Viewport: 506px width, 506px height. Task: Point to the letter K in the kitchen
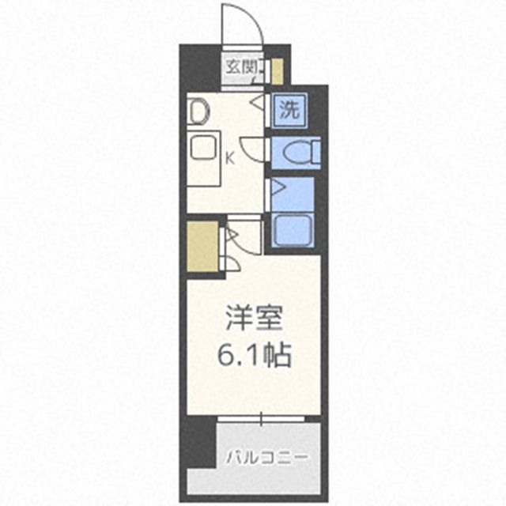tap(230, 157)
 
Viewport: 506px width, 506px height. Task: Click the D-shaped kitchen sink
tap(198, 111)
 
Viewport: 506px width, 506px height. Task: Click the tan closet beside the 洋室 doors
tap(202, 246)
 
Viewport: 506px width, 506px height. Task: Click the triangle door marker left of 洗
tap(259, 103)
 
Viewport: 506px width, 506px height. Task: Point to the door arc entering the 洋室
tap(236, 261)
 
